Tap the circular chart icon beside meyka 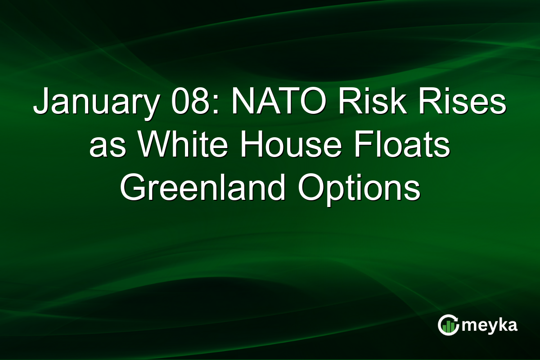click(449, 325)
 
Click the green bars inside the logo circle click(448, 328)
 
